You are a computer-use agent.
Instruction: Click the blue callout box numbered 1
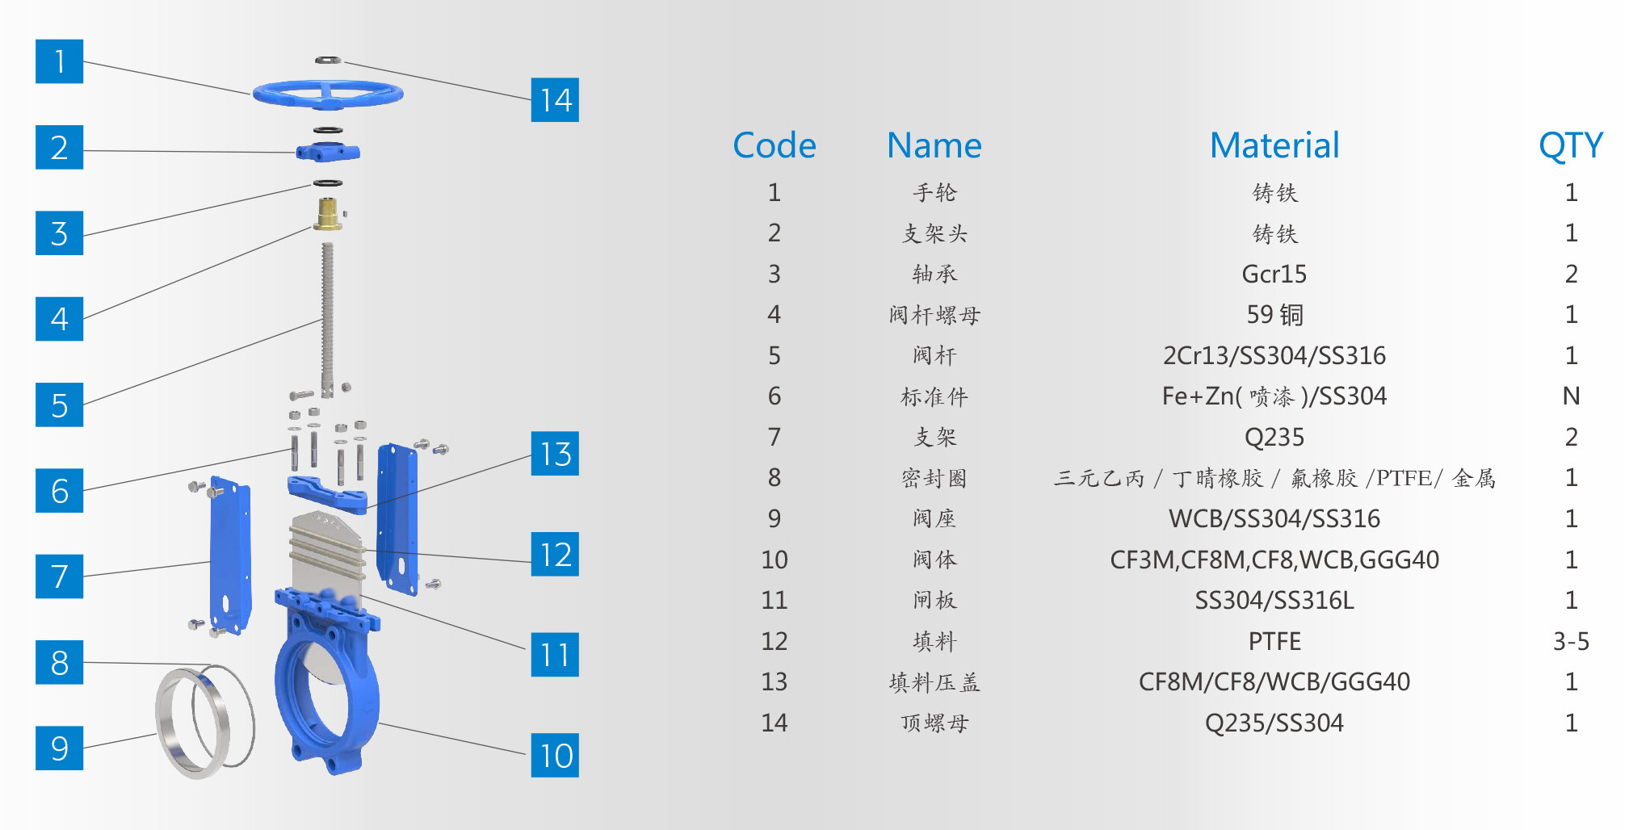click(x=59, y=61)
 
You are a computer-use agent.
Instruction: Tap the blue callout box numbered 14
click(x=555, y=100)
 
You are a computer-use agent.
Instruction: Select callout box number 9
click(x=59, y=748)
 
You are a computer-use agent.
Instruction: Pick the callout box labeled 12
click(x=555, y=555)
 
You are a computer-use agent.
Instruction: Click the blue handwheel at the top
click(x=328, y=94)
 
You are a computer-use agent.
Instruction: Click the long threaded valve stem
click(x=327, y=315)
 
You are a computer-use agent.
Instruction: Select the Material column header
click(x=1274, y=146)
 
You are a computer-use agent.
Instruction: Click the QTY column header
click(x=1570, y=146)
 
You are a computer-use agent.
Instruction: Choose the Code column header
click(x=774, y=146)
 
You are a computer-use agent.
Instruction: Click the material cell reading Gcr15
click(x=1274, y=275)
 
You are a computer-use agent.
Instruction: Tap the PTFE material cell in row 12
click(x=1274, y=641)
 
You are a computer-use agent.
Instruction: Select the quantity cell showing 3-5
click(x=1570, y=641)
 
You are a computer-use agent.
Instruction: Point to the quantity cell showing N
click(x=1570, y=396)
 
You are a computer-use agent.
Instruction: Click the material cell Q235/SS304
click(x=1274, y=723)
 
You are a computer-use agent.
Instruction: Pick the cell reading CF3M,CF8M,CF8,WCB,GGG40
click(x=1274, y=560)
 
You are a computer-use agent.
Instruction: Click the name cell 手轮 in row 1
click(x=934, y=193)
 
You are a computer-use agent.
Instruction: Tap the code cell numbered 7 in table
click(x=774, y=437)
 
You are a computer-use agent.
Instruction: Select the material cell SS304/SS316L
click(x=1274, y=601)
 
